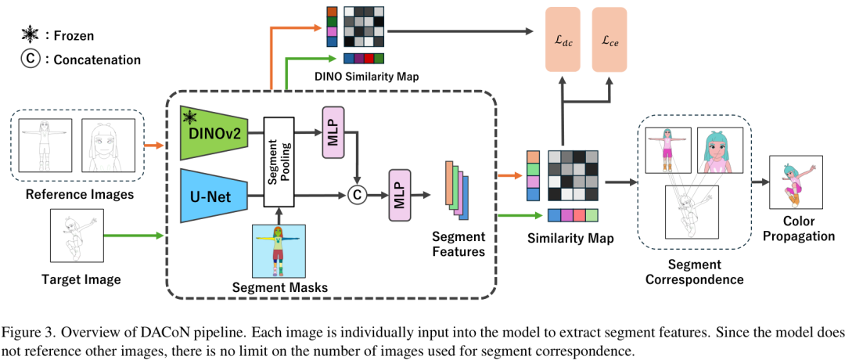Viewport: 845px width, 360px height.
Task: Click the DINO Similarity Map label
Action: click(366, 77)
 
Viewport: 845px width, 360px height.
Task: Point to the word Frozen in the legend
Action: click(79, 34)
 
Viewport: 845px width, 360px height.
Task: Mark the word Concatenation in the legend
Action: click(97, 59)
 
